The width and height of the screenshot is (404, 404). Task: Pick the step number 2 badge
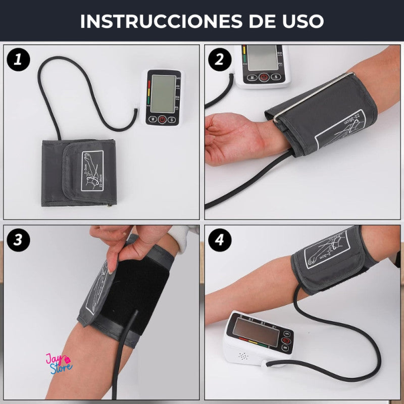220,60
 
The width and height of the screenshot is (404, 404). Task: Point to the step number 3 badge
19,240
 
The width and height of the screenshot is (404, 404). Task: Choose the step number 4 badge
220,240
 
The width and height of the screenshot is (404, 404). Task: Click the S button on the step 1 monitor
172,120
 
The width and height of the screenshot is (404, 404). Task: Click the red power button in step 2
264,77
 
